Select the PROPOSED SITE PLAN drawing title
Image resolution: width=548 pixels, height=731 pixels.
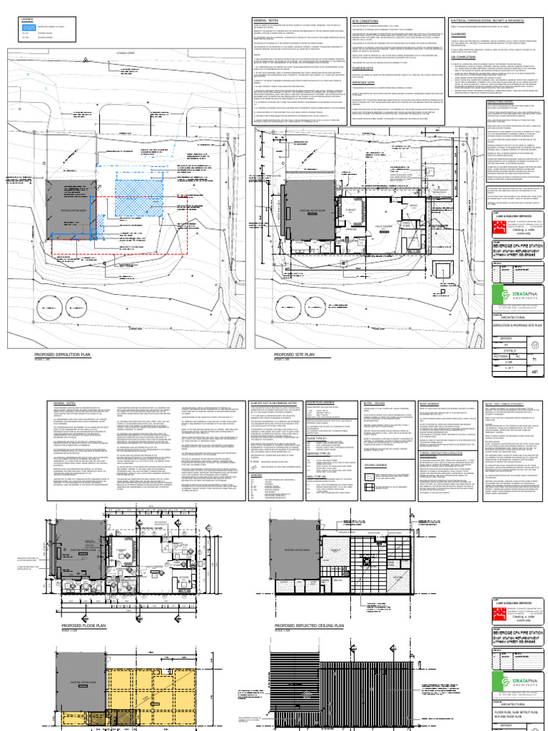[275, 353]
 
